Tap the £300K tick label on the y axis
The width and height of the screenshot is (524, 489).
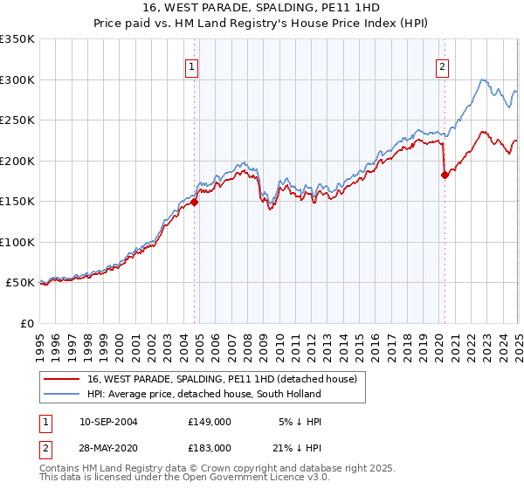pos(17,79)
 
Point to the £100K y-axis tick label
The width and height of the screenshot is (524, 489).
pos(17,242)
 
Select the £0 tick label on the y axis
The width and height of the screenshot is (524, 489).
pos(26,323)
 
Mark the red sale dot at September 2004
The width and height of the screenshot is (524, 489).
pos(195,203)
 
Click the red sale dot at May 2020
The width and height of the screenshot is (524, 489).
pos(445,175)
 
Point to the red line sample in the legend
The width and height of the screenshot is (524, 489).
pos(61,380)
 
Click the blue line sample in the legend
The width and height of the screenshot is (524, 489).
pos(61,394)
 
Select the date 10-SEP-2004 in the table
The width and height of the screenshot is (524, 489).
pos(108,422)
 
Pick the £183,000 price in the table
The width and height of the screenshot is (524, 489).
pos(209,447)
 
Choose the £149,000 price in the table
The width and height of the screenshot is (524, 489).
pos(209,422)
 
